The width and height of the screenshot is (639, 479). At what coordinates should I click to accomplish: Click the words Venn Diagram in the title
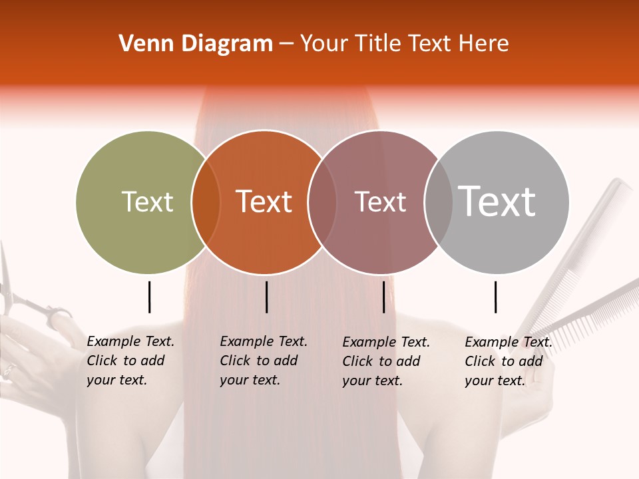point(195,44)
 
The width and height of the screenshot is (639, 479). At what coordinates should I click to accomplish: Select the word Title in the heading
point(379,44)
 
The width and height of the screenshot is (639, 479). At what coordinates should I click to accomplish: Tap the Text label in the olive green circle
point(147,202)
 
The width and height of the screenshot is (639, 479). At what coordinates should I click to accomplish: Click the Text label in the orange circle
point(264,202)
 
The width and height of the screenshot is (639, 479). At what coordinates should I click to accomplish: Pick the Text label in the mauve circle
point(380,202)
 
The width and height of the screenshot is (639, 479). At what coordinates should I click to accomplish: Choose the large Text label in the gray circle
point(497,202)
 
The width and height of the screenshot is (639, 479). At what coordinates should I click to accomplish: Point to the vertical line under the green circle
point(149,297)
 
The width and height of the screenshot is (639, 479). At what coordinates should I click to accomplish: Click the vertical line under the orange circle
point(266,297)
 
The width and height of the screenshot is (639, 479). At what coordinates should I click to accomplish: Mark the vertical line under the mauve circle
point(383,297)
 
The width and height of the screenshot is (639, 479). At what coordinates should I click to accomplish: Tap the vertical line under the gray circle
point(495,297)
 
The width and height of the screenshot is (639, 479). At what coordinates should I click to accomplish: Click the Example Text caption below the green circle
point(130,361)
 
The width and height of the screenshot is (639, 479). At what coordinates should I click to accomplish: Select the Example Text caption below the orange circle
point(264,361)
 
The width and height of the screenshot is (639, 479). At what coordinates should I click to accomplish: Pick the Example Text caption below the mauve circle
point(386,361)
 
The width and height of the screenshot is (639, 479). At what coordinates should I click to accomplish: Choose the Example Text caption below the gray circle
point(509,361)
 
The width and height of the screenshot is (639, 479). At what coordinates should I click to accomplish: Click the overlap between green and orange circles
point(206,202)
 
